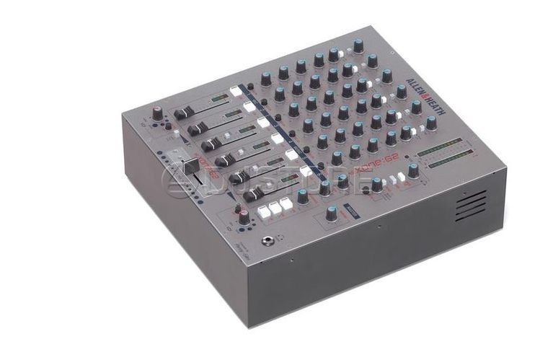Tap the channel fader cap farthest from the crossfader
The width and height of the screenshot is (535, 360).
click(182, 113)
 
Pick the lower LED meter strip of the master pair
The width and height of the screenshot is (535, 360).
click(448, 160)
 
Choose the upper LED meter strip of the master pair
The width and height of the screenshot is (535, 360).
click(439, 147)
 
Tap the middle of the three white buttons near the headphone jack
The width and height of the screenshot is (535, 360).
click(275, 208)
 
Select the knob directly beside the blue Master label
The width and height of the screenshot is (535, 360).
click(331, 213)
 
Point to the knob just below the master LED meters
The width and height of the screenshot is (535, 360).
click(413, 171)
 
